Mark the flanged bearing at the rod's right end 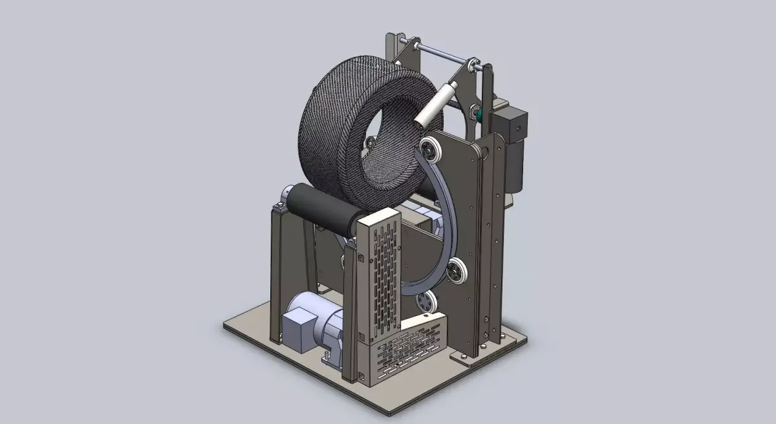point(475,64)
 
